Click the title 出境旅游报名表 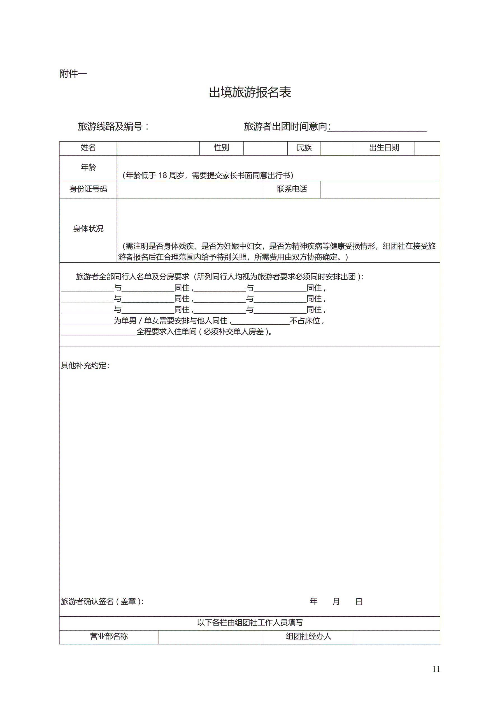[250, 92]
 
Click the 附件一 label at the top [73, 74]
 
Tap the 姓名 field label [88, 148]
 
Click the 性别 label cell [221, 148]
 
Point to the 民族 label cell [304, 148]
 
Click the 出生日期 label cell [384, 148]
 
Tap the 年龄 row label [88, 167]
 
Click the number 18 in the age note [162, 175]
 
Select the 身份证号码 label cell [88, 189]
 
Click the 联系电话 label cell [292, 189]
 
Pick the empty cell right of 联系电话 [380, 189]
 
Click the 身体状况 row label [88, 229]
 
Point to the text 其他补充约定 [85, 365]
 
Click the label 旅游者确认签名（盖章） [102, 601]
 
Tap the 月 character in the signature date [336, 601]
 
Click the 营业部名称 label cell [109, 636]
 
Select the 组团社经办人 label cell [308, 636]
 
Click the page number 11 [436, 669]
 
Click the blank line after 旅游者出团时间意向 [377, 127]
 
